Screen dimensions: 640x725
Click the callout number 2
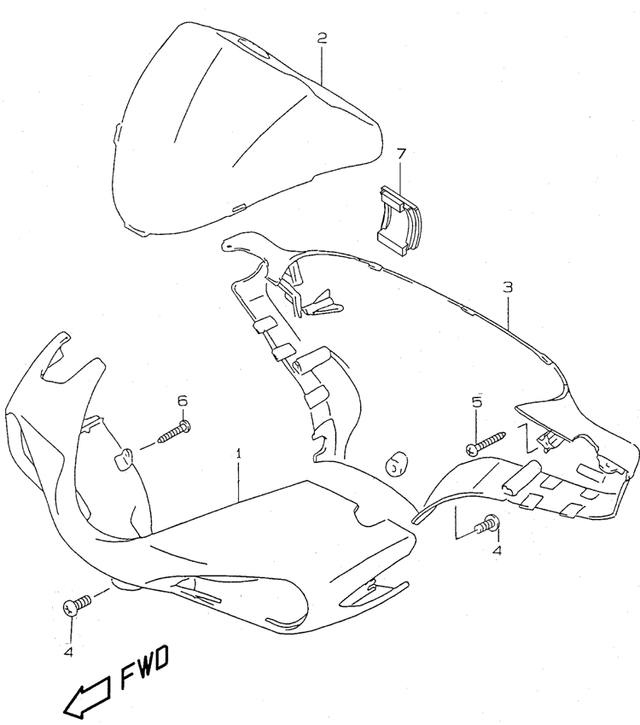(322, 38)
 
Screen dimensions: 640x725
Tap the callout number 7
(400, 154)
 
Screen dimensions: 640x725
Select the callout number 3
(508, 287)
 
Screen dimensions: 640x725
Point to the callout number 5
(477, 401)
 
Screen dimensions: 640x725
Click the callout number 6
(183, 401)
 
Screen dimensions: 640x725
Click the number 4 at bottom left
(69, 652)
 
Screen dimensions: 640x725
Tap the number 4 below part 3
(497, 551)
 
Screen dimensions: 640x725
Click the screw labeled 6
(174, 432)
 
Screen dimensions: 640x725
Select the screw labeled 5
(486, 443)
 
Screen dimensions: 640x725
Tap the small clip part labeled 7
(399, 221)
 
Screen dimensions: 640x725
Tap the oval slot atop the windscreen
(253, 48)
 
